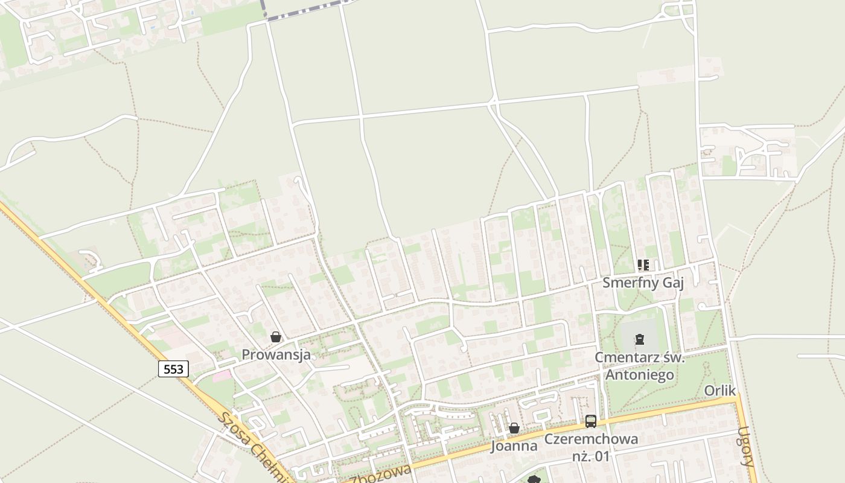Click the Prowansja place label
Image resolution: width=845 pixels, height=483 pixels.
pos(276,354)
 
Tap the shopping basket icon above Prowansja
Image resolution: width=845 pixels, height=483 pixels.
pos(276,337)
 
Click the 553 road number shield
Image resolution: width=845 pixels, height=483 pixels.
pos(173,369)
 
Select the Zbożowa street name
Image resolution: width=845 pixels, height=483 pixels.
pos(381,474)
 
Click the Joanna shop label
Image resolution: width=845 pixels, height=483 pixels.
pos(514,446)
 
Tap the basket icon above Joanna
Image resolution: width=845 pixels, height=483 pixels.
pos(514,428)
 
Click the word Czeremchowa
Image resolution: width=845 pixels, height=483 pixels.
pos(591,439)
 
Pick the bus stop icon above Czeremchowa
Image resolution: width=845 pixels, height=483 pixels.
pos(591,421)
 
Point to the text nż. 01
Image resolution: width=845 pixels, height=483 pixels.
pos(591,456)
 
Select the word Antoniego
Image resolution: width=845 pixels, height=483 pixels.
pos(640,375)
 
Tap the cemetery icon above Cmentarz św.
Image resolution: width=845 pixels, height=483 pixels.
pos(640,339)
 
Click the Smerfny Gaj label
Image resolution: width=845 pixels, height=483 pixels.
pos(643,283)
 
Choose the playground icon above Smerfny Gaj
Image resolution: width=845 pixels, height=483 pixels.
pos(643,265)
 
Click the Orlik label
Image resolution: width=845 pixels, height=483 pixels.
pos(720,391)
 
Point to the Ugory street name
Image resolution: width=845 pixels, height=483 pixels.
pos(747,447)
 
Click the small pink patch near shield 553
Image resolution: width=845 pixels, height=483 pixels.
pos(222,376)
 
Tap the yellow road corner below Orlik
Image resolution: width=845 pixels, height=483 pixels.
pos(738,400)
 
